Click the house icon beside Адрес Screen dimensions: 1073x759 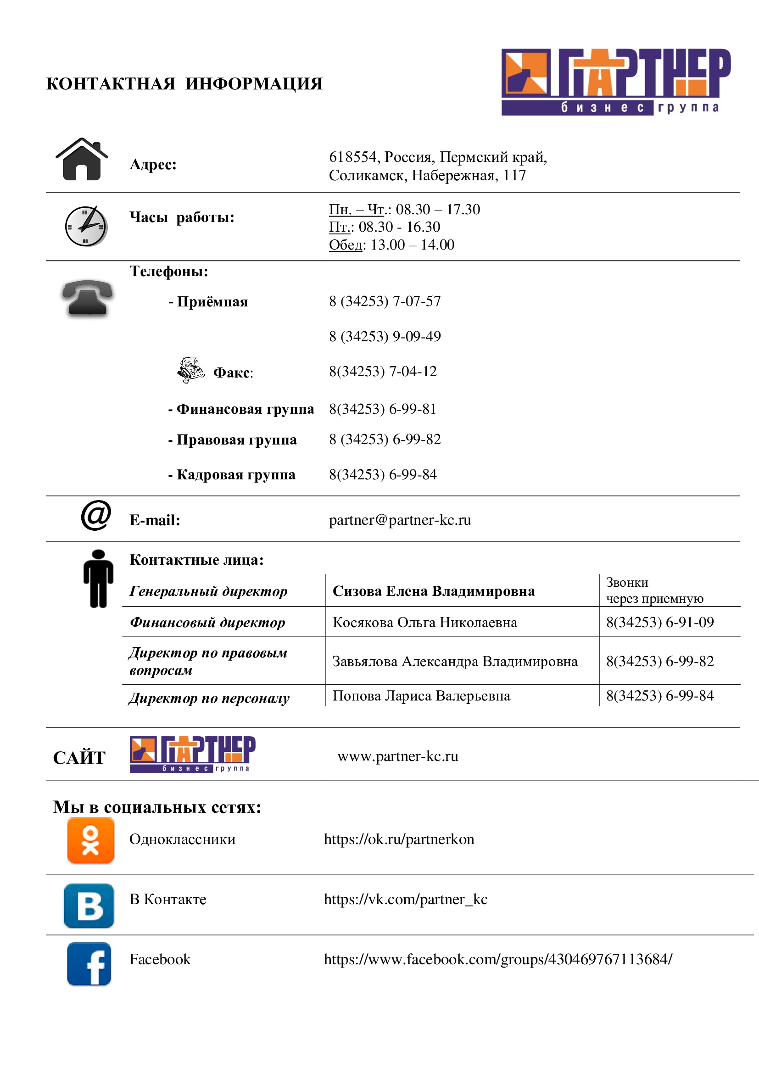coord(82,159)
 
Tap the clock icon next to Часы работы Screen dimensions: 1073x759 coord(86,227)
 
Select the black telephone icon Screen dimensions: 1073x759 coord(87,298)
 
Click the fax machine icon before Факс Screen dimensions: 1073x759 coord(191,370)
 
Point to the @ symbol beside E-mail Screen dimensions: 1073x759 coord(96,515)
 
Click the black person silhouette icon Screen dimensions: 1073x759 coord(98,578)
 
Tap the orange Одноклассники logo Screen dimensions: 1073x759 coord(91,840)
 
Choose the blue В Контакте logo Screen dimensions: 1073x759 coord(89,906)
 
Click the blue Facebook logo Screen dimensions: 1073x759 coord(89,964)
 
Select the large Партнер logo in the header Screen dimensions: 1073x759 coord(615,82)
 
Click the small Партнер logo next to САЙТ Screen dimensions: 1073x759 coord(193,754)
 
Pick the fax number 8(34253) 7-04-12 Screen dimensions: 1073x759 coord(383,372)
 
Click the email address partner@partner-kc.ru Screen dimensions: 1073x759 coord(400,520)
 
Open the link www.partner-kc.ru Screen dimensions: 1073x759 coord(398,756)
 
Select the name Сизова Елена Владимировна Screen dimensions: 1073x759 coord(433,591)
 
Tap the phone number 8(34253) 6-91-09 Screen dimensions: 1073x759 coord(659,622)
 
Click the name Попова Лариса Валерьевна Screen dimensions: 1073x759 coord(421,696)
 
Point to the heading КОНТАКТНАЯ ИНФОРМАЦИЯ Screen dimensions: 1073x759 coord(184,84)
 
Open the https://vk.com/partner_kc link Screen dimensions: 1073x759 coord(405,899)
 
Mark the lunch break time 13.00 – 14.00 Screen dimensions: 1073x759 coord(412,245)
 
